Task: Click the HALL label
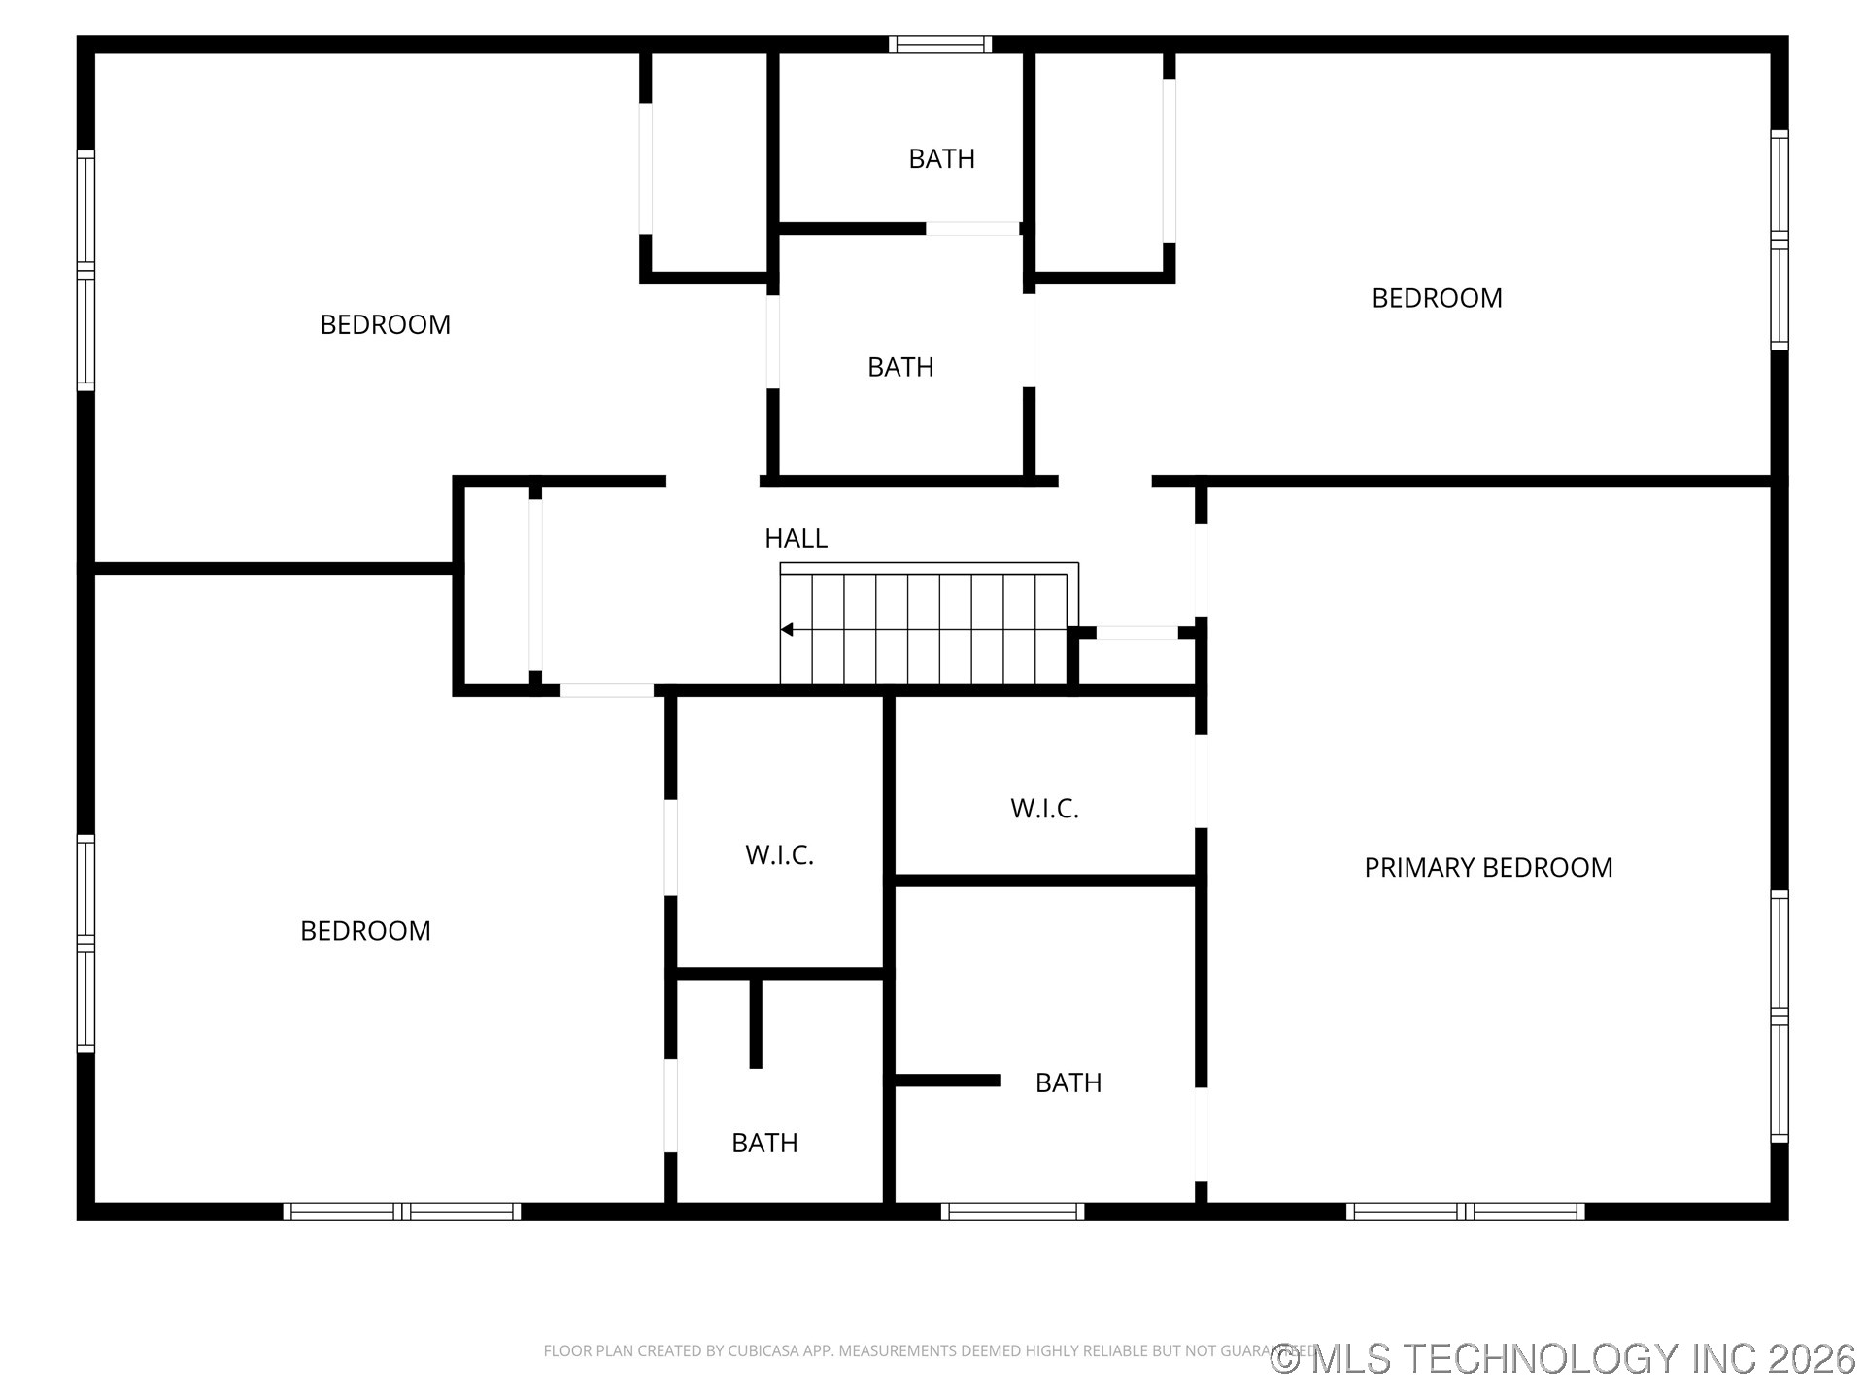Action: [x=796, y=538]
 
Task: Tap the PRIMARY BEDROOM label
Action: [x=1488, y=867]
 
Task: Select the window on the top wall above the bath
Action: [x=939, y=45]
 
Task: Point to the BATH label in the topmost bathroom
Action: [x=941, y=158]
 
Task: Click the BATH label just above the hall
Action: [x=900, y=367]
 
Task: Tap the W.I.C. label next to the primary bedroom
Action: [x=1044, y=809]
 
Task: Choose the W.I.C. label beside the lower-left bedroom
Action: [x=779, y=855]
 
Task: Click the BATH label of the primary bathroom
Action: [x=1068, y=1082]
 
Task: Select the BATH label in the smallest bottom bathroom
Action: [x=764, y=1143]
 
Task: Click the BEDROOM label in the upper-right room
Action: [x=1437, y=298]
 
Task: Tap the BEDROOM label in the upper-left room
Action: [x=386, y=324]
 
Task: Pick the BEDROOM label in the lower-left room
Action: [x=365, y=931]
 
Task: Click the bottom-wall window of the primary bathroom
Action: [x=1012, y=1212]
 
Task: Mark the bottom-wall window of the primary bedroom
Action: [x=1465, y=1212]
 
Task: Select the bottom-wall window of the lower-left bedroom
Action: [x=402, y=1212]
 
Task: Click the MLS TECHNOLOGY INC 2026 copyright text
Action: [x=1563, y=1358]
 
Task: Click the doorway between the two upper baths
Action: [x=971, y=229]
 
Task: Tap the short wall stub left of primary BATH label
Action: [x=947, y=1081]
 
